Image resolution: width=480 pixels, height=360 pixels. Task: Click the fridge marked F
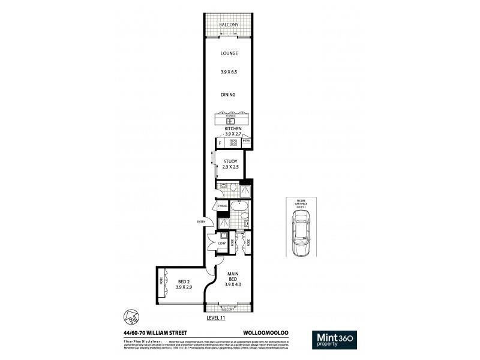click(220, 143)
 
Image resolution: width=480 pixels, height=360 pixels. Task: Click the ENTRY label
click(200, 222)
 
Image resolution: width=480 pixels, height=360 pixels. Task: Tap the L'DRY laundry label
click(221, 243)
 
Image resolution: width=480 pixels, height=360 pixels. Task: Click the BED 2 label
click(184, 281)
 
